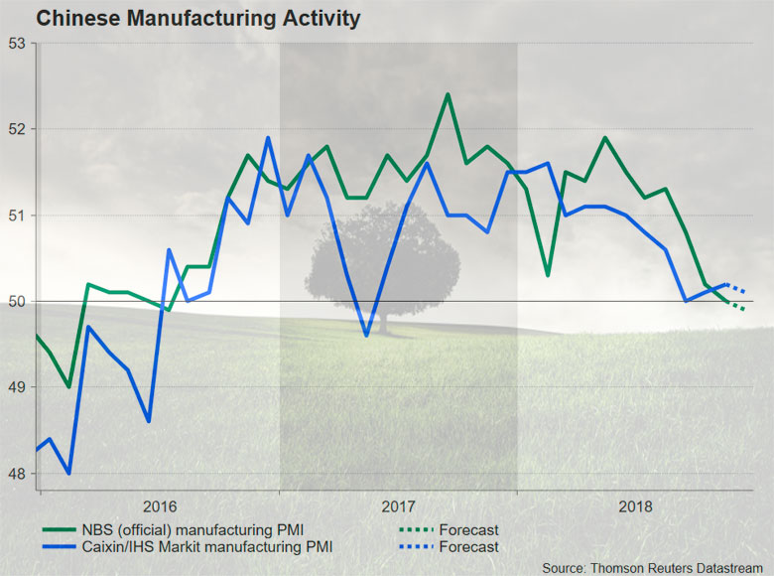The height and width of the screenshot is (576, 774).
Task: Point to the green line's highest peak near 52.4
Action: pyautogui.click(x=448, y=94)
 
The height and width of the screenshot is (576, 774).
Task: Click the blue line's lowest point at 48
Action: pyautogui.click(x=68, y=474)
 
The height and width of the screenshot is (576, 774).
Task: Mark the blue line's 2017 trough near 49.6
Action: pyautogui.click(x=366, y=336)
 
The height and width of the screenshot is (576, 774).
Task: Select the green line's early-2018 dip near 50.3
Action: pyautogui.click(x=547, y=275)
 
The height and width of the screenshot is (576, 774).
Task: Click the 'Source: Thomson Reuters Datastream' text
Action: pyautogui.click(x=656, y=566)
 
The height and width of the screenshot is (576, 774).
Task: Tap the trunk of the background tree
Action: pyautogui.click(x=383, y=319)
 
